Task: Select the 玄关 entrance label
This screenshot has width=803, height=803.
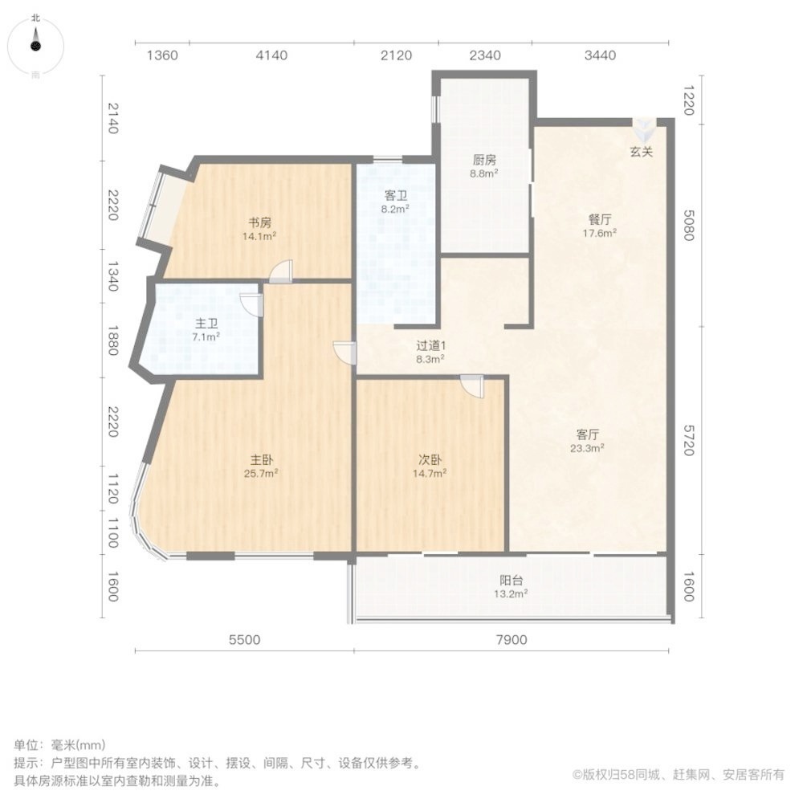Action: pyautogui.click(x=641, y=152)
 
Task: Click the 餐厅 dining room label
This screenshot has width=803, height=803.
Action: pyautogui.click(x=600, y=218)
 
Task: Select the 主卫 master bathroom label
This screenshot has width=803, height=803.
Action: pyautogui.click(x=207, y=324)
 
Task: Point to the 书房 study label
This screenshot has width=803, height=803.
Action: pyautogui.click(x=259, y=222)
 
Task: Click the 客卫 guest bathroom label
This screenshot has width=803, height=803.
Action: pyautogui.click(x=396, y=194)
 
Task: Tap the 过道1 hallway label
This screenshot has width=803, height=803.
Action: pyautogui.click(x=430, y=346)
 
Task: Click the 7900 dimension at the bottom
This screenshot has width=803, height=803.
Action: pyautogui.click(x=511, y=640)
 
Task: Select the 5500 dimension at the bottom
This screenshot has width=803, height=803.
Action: pyautogui.click(x=245, y=640)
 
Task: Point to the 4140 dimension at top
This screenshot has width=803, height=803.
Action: pyautogui.click(x=271, y=55)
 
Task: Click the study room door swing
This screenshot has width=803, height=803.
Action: pyautogui.click(x=281, y=272)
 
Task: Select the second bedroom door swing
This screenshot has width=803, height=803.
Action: pyautogui.click(x=472, y=386)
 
